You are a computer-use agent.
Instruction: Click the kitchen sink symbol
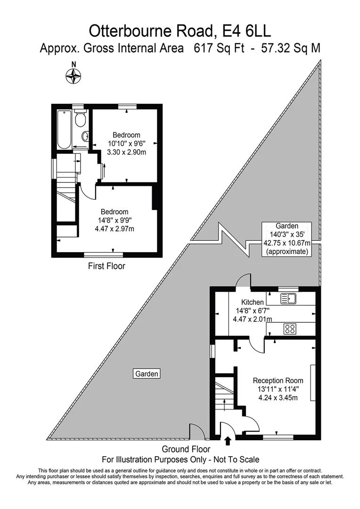287,298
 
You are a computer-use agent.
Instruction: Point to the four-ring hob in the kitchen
290,329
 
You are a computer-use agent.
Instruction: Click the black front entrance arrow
228,441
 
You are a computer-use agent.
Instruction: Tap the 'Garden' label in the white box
147,374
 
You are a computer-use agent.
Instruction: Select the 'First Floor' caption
106,266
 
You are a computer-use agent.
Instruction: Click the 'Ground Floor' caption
186,449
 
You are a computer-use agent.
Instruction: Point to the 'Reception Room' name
278,380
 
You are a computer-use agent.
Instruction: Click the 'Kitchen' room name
253,302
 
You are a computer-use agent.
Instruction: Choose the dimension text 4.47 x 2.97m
114,229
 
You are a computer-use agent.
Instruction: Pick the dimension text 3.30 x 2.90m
127,152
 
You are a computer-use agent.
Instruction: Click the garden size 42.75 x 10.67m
287,243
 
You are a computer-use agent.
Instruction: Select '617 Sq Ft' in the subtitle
219,49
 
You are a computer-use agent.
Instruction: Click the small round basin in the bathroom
85,136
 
